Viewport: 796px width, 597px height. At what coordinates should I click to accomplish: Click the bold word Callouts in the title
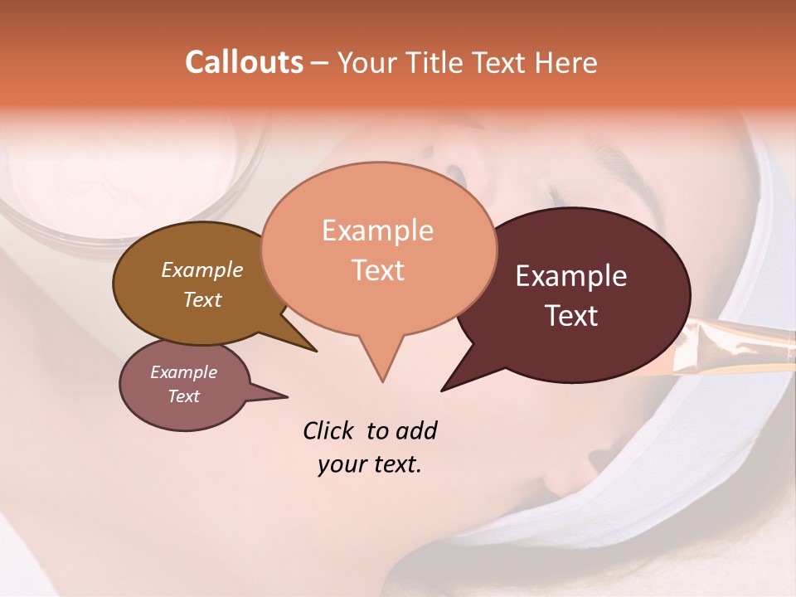244,62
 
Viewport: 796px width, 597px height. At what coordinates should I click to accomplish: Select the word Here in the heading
568,62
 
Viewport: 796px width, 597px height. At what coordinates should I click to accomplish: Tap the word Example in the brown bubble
201,269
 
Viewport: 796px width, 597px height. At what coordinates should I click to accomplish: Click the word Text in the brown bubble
201,299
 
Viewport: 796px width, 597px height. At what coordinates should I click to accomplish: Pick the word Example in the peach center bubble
377,230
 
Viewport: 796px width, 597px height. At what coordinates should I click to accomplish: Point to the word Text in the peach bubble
377,269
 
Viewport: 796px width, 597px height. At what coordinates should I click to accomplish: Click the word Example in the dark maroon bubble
571,276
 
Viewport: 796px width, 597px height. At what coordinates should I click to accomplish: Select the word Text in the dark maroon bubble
571,315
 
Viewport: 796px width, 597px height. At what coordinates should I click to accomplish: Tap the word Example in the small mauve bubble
183,372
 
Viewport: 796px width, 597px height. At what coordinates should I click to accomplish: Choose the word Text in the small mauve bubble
183,396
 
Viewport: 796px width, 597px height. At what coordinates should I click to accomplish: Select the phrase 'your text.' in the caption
370,464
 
